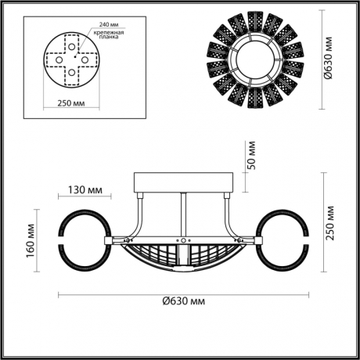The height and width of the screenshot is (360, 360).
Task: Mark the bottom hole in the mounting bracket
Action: (x=71, y=75)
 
